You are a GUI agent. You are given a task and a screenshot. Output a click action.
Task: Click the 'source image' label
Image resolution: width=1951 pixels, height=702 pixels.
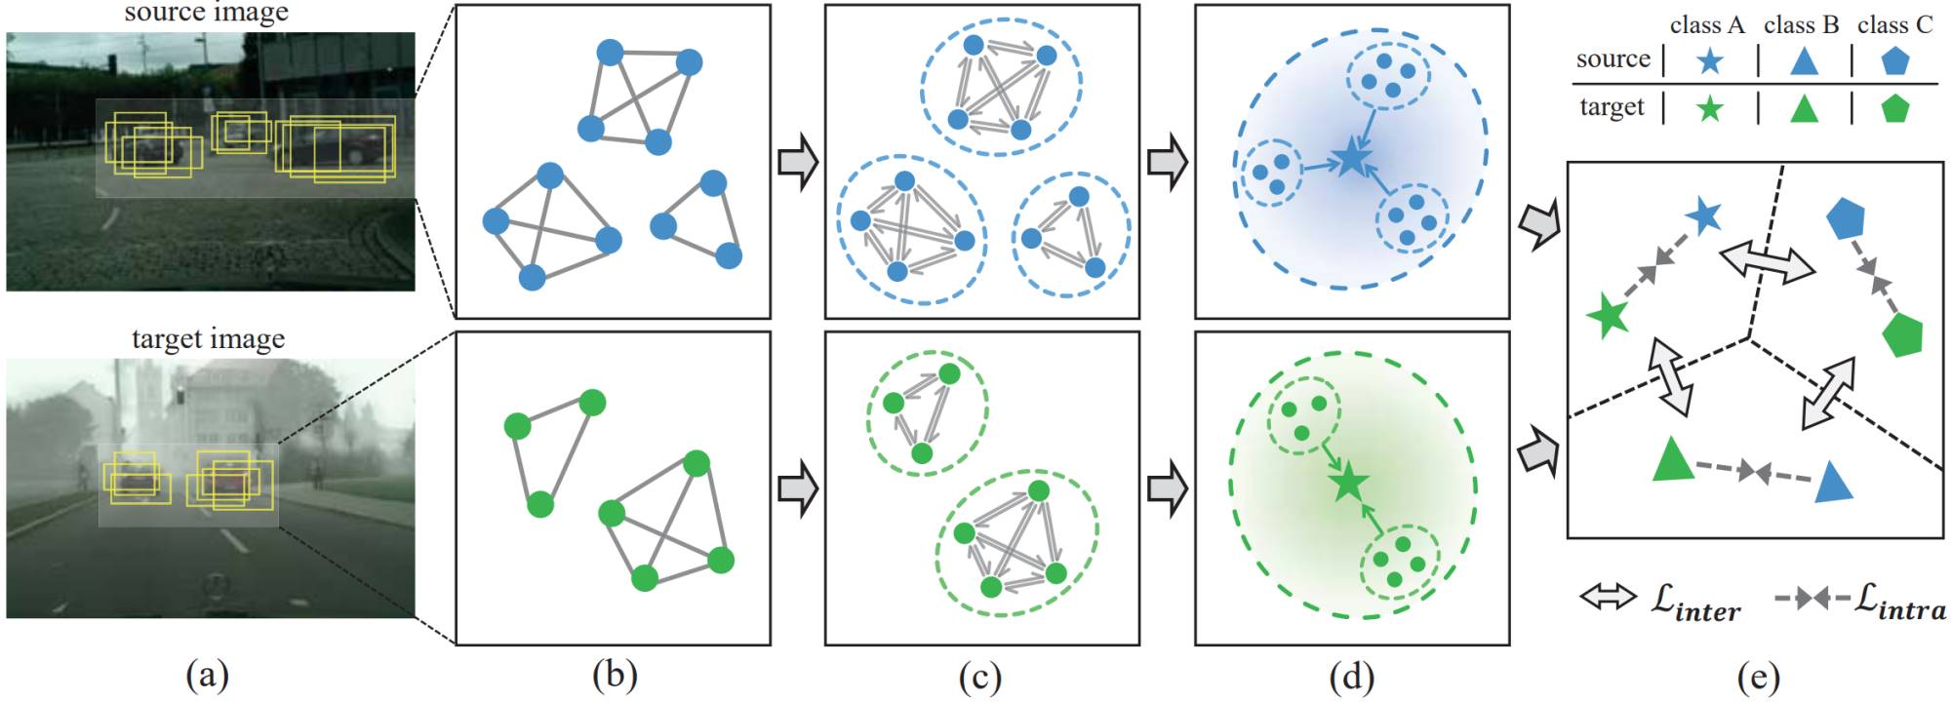[207, 13]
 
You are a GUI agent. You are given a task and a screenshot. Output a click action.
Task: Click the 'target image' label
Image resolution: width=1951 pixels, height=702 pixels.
[209, 338]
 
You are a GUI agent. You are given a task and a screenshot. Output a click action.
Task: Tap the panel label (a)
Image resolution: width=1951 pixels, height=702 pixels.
[207, 676]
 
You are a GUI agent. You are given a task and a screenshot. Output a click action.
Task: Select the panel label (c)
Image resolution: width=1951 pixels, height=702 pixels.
[980, 676]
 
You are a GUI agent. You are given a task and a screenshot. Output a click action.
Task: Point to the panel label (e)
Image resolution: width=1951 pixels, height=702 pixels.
[1759, 676]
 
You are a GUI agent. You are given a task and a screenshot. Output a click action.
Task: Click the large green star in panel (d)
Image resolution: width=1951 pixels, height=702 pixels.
[1348, 481]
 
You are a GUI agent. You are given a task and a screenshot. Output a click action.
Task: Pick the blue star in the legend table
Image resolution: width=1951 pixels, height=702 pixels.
[1709, 62]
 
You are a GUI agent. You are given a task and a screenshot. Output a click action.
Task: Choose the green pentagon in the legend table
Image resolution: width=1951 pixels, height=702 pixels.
[1894, 108]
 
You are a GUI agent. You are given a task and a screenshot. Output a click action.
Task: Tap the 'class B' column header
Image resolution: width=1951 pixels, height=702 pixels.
[1801, 25]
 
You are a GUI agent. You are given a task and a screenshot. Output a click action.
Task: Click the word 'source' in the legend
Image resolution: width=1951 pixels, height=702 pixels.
[1613, 58]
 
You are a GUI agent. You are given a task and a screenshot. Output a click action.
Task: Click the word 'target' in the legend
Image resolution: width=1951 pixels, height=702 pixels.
[1612, 106]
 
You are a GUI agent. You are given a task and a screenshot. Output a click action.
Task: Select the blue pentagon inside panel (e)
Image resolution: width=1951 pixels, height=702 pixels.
[1845, 218]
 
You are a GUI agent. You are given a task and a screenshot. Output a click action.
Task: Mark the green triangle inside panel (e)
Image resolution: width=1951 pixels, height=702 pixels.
[1673, 460]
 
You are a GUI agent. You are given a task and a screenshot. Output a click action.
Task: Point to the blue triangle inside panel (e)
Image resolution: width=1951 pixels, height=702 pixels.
[1833, 483]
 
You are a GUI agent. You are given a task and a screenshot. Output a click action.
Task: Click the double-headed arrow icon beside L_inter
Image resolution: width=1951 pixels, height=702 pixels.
[1608, 597]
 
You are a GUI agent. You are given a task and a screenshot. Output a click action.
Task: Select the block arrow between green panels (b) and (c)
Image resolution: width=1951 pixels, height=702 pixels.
[798, 488]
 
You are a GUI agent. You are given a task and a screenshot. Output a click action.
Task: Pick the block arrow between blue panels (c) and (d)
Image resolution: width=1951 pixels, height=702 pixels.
[1168, 163]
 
